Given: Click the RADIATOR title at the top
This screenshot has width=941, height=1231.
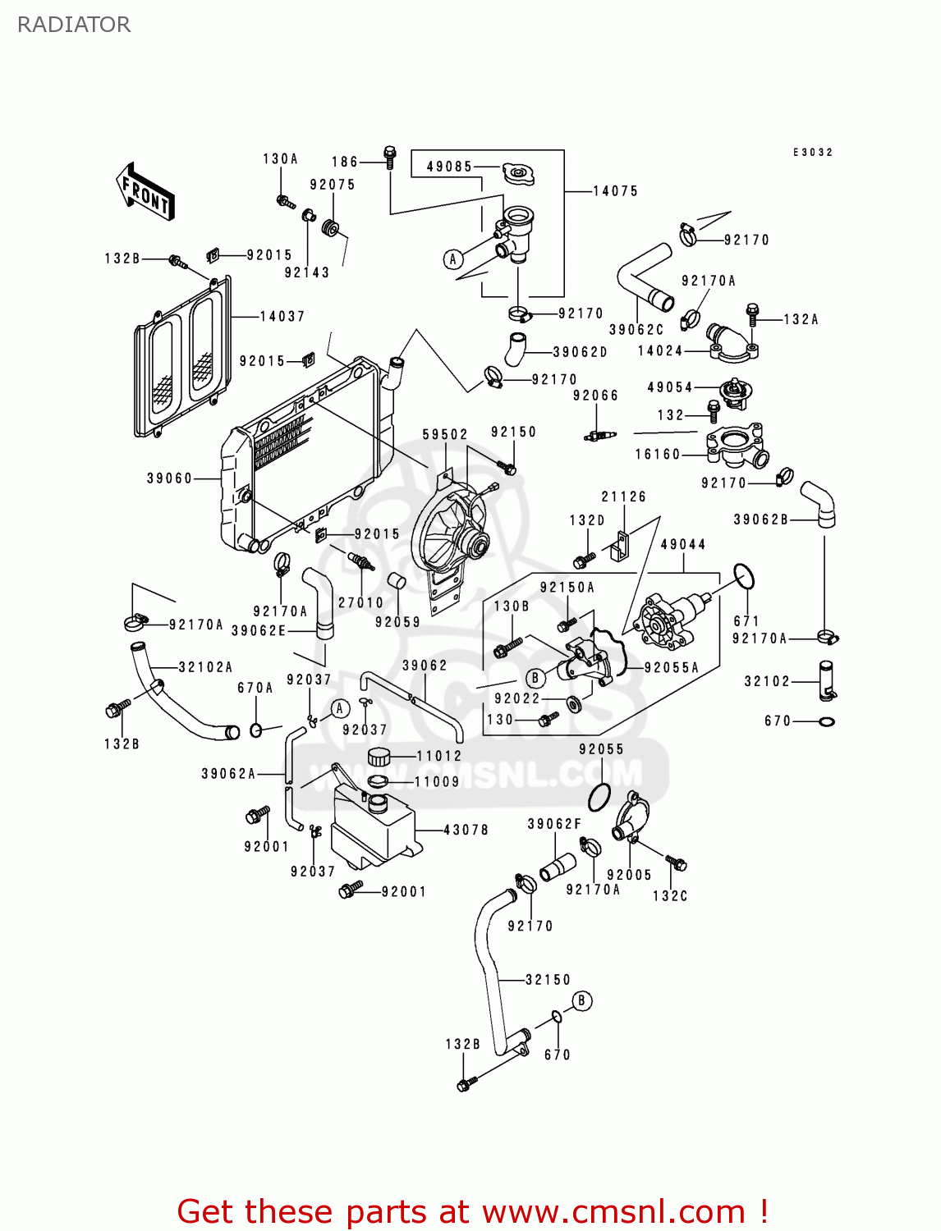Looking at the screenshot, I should (74, 25).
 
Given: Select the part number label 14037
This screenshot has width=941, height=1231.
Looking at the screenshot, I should (282, 316).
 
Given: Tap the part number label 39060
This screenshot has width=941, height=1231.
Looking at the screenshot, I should (169, 478).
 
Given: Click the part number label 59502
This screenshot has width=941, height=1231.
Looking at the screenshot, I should (445, 434).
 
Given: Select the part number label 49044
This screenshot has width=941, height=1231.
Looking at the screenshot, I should (682, 544).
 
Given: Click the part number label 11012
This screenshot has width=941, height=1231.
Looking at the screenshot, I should (439, 756).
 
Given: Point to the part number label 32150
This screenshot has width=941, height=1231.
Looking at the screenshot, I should (548, 979).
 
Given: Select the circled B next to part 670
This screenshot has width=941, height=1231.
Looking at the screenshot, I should (581, 1000).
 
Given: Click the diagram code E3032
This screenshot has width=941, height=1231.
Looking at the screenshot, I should (812, 153).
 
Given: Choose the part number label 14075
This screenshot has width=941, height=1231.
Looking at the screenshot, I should (615, 191).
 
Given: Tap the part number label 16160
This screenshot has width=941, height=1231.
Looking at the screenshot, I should (658, 454).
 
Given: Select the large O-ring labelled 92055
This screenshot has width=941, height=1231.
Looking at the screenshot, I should (599, 795).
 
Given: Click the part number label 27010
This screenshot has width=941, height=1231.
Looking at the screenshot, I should (360, 602).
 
